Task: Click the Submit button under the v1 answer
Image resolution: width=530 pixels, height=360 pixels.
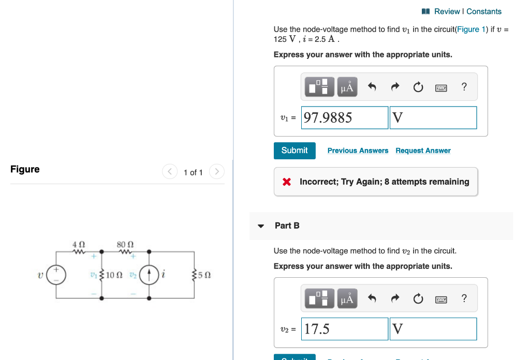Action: [x=294, y=151]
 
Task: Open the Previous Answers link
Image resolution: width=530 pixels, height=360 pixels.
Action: [x=358, y=151]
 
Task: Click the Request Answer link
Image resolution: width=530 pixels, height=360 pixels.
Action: [x=423, y=151]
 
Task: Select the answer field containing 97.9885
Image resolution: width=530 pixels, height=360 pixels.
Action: [x=345, y=118]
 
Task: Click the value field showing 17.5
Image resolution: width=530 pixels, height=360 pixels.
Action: [x=345, y=329]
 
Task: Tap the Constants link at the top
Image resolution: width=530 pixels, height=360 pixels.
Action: [x=484, y=11]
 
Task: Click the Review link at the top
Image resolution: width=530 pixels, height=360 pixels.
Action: [x=447, y=11]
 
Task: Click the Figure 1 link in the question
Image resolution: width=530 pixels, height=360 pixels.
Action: [x=468, y=29]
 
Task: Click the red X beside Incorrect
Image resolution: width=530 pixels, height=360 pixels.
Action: [x=286, y=182]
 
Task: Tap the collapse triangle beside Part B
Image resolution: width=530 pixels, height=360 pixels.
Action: [x=261, y=226]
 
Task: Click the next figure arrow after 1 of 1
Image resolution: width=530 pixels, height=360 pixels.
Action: [x=217, y=172]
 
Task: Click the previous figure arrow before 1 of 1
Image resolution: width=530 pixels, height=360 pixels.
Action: [x=170, y=172]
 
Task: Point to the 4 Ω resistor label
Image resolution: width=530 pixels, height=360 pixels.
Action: [x=79, y=244]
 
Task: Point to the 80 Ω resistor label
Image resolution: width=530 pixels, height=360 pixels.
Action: [x=125, y=244]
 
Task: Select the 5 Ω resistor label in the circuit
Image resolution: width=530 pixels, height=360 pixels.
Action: [x=204, y=275]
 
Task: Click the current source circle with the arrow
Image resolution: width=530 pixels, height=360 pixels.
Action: [x=150, y=274]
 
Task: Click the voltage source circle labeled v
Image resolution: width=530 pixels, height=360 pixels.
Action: [x=56, y=274]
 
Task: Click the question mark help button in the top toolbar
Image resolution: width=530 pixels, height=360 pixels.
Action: [x=464, y=87]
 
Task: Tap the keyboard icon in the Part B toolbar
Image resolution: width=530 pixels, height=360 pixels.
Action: [x=441, y=299]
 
